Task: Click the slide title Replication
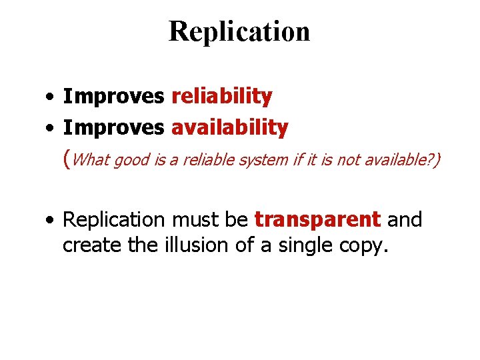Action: coord(239,31)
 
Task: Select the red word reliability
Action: coord(221,97)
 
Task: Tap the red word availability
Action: coord(229,127)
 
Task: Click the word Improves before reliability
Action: coord(113,97)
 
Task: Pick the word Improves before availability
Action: coord(113,127)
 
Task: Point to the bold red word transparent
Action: coord(317,219)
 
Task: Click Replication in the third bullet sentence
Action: coord(113,220)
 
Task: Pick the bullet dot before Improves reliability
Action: coord(51,97)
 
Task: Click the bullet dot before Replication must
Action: coord(51,220)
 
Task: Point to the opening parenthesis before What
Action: coord(65,159)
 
